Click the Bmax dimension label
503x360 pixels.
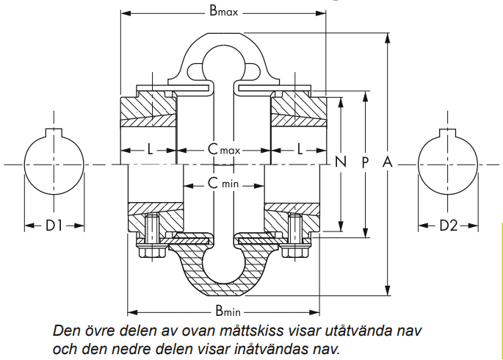pos(224,12)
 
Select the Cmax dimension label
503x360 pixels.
pos(224,149)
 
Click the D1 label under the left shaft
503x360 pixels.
pos(54,226)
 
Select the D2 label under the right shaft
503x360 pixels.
pos(448,226)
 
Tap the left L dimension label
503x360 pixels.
pos(150,149)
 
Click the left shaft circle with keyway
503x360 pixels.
pos(54,164)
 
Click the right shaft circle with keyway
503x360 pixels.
pos(448,164)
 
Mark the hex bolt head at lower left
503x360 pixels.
pos(151,251)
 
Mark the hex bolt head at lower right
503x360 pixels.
pos(295,251)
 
